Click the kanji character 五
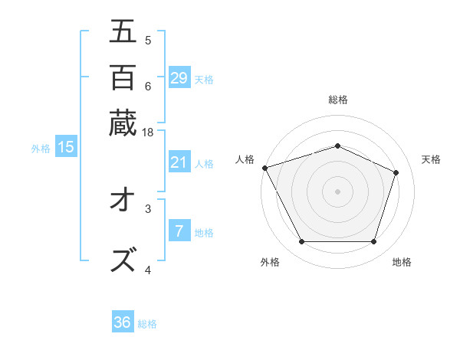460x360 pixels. pos(123,32)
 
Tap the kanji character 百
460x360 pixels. pos(123,77)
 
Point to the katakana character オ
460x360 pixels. pos(123,202)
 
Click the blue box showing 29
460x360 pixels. pos(179,78)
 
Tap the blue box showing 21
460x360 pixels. pos(179,162)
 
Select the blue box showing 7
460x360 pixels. pos(179,231)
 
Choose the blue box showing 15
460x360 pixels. pos(65,148)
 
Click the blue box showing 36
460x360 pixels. pos(123,322)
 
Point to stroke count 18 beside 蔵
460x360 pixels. pos(148,133)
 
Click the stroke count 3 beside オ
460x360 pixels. pos(148,208)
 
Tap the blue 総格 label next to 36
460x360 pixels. pos(147,324)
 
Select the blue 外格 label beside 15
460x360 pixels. pos(40,149)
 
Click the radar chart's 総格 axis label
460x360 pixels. pos(337,100)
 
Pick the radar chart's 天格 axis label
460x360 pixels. pos(431,159)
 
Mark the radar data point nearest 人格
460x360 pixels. pos(264,168)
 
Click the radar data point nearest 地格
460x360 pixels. pos(373,242)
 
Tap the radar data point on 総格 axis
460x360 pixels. pos(337,146)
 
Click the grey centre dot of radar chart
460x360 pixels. pos(337,191)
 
